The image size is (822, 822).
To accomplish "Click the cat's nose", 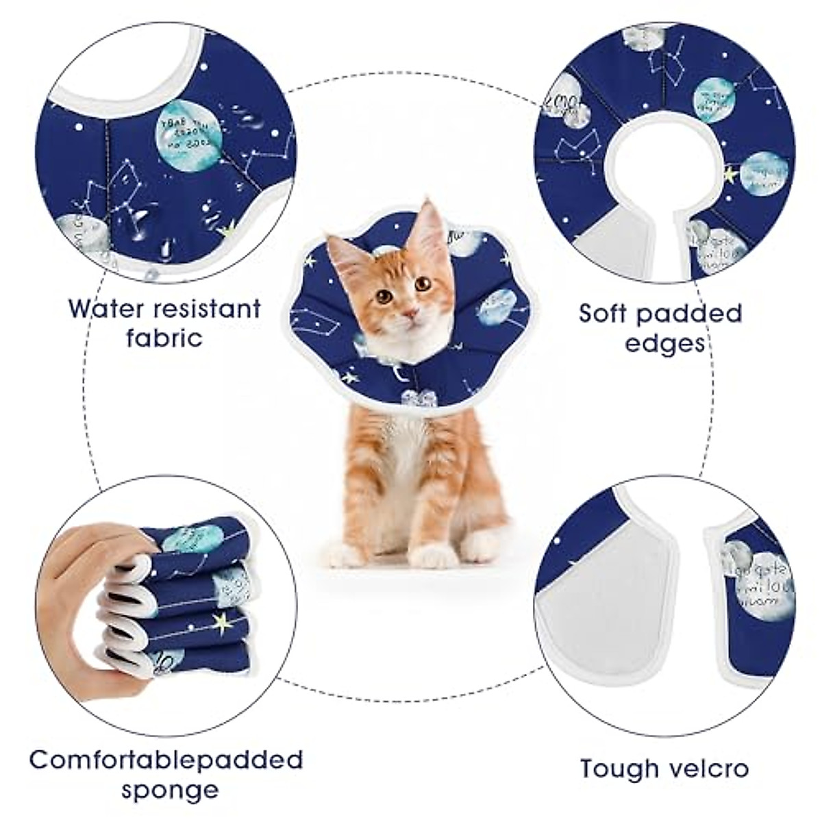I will click(x=410, y=313).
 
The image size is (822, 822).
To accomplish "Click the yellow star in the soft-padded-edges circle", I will click(x=732, y=176).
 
